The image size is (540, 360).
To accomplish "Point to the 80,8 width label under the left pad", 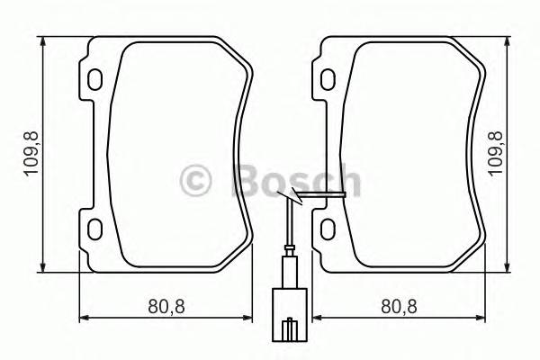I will [166, 307].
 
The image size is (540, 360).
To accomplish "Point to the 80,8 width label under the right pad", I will [399, 307].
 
